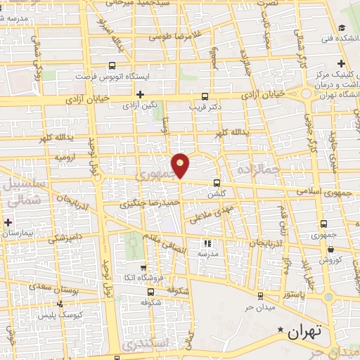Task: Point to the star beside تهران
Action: click(281, 330)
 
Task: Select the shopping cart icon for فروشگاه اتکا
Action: click(143, 267)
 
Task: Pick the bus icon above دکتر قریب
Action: click(205, 96)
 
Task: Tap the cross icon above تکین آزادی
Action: click(140, 94)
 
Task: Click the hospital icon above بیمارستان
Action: click(8, 223)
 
